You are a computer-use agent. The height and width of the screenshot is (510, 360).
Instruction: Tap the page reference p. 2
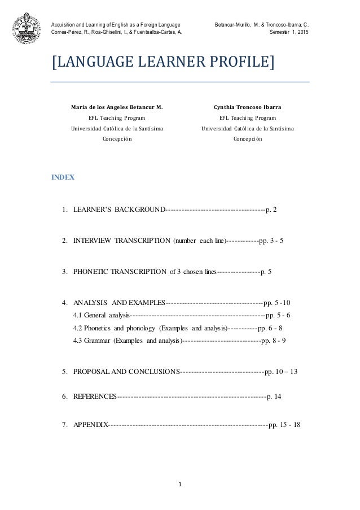(x=271, y=211)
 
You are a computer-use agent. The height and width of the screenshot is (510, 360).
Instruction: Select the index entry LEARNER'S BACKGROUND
(x=120, y=211)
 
